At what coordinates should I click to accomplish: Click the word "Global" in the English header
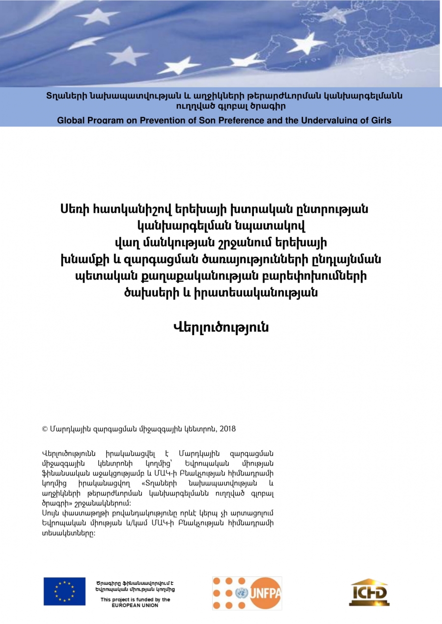[72, 120]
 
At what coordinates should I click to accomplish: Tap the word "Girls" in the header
[379, 120]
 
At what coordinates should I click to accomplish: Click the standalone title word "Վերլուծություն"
[221, 327]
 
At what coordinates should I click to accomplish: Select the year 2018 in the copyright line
[228, 429]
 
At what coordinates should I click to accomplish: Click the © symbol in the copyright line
[46, 429]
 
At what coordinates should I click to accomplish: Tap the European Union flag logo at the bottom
[64, 591]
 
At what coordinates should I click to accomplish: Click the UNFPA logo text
[265, 593]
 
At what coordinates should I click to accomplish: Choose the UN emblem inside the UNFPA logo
[242, 593]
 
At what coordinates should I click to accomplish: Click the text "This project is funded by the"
[135, 599]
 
